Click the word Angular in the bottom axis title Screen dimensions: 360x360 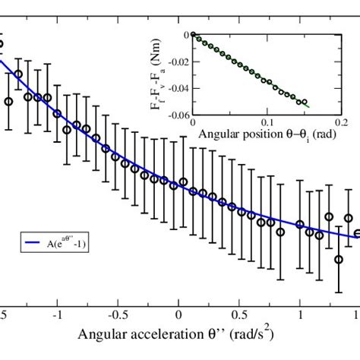tap(105, 335)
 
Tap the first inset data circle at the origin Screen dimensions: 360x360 tap(194, 35)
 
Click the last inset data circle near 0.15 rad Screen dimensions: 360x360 tap(305, 102)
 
